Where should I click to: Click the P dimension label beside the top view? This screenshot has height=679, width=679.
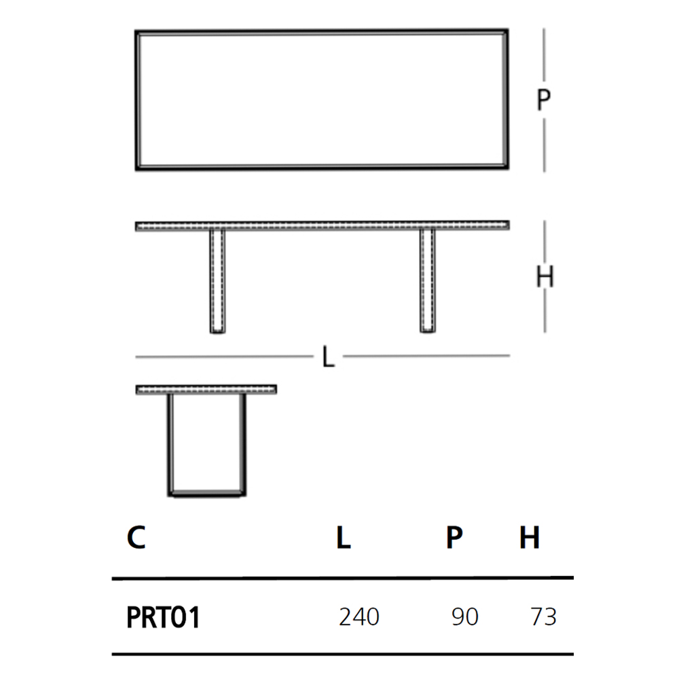click(x=543, y=100)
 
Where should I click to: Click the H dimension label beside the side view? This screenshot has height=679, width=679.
click(x=545, y=277)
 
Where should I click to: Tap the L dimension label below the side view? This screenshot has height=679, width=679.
click(x=328, y=357)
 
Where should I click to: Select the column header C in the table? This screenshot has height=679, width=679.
click(x=136, y=537)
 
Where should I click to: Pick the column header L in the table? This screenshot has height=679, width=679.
click(x=344, y=537)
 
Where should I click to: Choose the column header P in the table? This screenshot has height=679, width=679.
click(x=454, y=537)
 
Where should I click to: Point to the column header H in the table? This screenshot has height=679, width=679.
click(x=530, y=537)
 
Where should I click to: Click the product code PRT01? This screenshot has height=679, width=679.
click(x=163, y=617)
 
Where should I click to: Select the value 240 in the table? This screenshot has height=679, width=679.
click(x=359, y=617)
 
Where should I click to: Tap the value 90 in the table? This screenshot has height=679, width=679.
click(x=464, y=617)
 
